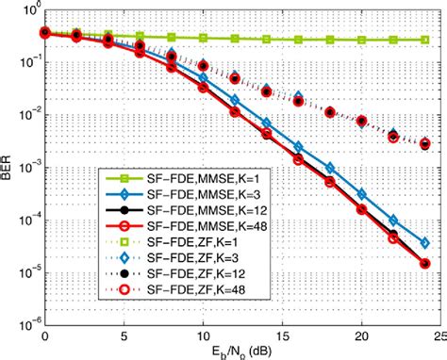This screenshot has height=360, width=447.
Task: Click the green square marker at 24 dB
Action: tap(424, 40)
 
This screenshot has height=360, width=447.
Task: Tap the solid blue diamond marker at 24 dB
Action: tap(424, 241)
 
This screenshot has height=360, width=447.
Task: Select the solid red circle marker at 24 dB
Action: tap(424, 264)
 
